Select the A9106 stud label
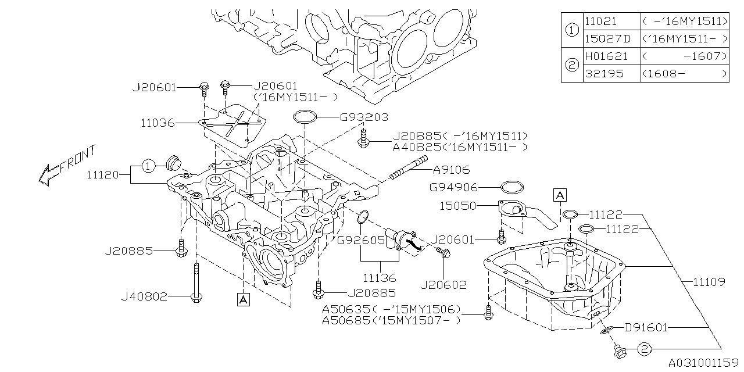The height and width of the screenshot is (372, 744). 451,170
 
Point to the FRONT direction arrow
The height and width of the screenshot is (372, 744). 64,164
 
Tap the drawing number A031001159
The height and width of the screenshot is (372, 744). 703,362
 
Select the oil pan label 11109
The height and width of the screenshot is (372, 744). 709,282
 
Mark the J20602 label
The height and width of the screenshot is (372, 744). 442,285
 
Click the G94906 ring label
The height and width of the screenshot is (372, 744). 453,187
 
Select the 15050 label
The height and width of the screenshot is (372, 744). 457,206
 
